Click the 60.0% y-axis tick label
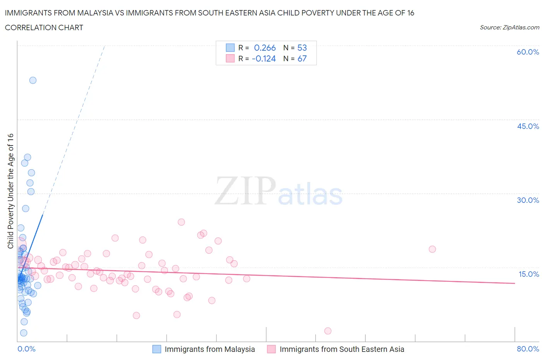point(528,52)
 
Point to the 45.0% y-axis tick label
point(528,126)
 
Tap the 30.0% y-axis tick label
point(528,200)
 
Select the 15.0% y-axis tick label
point(529,274)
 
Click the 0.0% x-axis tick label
point(26,349)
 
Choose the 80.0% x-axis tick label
point(528,349)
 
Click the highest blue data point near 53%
point(33,80)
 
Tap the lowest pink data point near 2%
point(328,331)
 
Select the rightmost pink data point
point(432,249)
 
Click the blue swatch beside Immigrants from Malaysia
point(157,349)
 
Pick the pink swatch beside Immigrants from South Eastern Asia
point(272,349)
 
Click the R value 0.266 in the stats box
point(265,48)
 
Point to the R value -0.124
point(263,58)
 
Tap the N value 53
point(302,48)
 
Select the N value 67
point(302,58)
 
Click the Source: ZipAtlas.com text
point(509,27)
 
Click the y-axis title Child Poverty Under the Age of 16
point(11,191)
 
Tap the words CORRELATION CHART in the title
point(44,27)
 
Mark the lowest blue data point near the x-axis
point(24,333)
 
